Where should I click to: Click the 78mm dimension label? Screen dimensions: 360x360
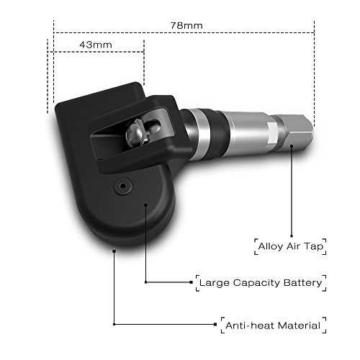[186, 25]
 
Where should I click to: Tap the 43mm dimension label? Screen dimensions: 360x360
[96, 45]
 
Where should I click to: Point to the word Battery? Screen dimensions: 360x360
[302, 283]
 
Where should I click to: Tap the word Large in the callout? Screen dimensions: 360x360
[214, 283]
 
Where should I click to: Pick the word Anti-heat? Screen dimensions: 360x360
[250, 325]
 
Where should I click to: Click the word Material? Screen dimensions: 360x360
[299, 325]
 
